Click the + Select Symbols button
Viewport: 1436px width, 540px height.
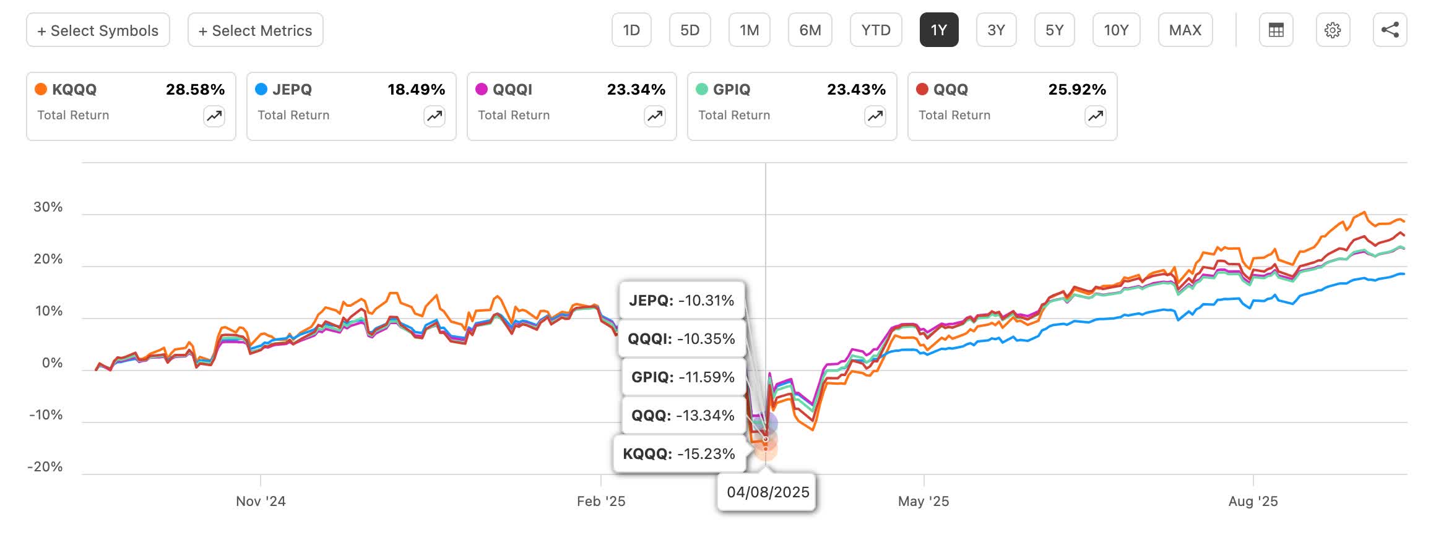coord(98,30)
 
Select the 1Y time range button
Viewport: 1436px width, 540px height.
coord(938,30)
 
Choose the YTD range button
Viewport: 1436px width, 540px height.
coord(875,30)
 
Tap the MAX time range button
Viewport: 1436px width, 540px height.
coord(1185,30)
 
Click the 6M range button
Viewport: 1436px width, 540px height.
coord(810,30)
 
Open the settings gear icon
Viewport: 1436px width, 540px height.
coord(1332,30)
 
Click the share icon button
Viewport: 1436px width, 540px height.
coord(1390,30)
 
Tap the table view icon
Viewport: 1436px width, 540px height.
coord(1276,30)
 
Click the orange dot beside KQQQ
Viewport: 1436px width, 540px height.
coord(41,89)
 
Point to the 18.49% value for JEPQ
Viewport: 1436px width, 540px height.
coord(416,90)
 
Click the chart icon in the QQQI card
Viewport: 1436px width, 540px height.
coord(654,116)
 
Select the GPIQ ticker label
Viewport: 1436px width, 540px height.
coord(731,90)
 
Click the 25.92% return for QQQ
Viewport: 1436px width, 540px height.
coord(1076,90)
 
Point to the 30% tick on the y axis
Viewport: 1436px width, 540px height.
coord(48,207)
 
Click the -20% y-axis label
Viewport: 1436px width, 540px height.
coord(45,467)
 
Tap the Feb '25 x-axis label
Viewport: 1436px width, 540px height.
coord(600,502)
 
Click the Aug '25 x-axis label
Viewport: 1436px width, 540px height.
coord(1252,502)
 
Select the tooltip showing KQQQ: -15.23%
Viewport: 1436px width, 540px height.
coord(678,454)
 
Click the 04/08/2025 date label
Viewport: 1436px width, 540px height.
coord(768,492)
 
